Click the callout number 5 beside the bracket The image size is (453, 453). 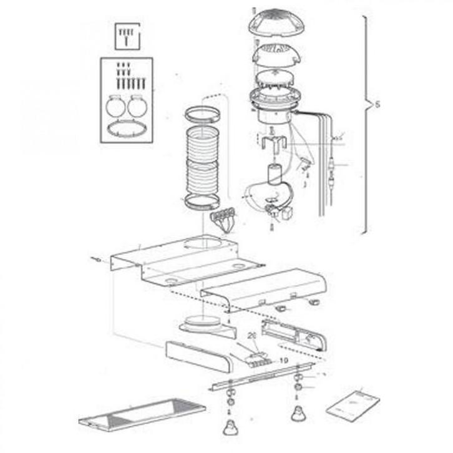(376, 105)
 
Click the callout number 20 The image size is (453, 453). (252, 336)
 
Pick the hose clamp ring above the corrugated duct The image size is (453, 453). (201, 114)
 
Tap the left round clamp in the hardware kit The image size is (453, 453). (115, 105)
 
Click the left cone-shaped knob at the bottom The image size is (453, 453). (230, 429)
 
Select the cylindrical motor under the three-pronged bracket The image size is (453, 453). (273, 173)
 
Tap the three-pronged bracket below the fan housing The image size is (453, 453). (272, 144)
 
